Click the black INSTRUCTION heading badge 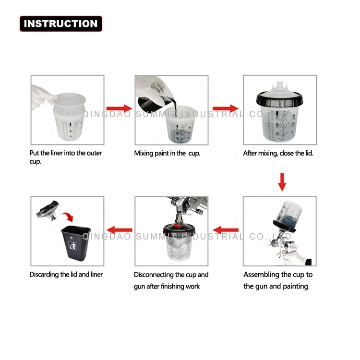coord(61,24)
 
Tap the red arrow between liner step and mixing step coord(119,108)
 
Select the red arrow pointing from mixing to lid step coord(226,108)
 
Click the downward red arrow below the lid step coord(282,182)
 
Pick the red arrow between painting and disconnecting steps coord(226,230)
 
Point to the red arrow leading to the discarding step coord(120,230)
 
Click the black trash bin coord(76,243)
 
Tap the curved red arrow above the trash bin coord(68,216)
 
